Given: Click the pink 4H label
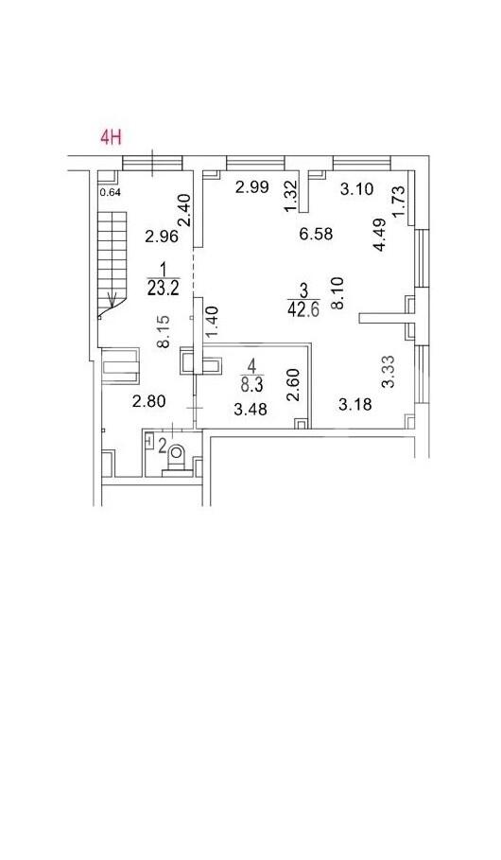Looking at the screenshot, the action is [111, 136].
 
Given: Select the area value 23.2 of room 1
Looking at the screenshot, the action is [164, 288].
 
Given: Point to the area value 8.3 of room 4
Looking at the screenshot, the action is [251, 384].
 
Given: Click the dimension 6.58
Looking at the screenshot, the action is [317, 234].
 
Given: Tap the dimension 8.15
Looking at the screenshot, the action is [164, 331].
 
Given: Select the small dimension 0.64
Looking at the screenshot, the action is [111, 192].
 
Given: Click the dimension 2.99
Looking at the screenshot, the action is [252, 187].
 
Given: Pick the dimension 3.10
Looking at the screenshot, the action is [356, 190].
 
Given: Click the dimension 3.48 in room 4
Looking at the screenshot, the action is [250, 409].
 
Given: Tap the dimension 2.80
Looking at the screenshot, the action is [148, 401].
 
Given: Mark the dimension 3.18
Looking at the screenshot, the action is [355, 405].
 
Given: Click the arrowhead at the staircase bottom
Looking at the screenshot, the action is [114, 301].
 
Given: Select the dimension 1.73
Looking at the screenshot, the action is [399, 201].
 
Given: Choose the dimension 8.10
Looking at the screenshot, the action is [337, 293].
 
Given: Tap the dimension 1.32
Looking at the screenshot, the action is [291, 197].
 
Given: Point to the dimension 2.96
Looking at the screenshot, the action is [161, 237].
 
